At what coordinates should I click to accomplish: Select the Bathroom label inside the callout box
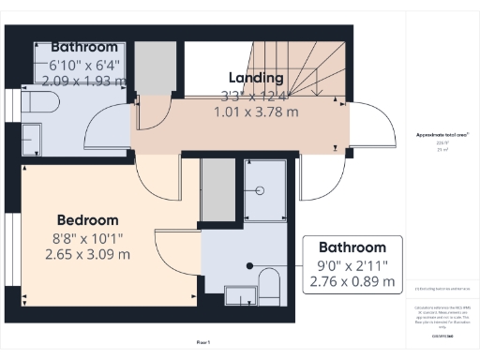(x=352, y=247)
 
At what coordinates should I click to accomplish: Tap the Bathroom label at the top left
(x=84, y=46)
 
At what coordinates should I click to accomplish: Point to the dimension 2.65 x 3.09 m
(x=87, y=254)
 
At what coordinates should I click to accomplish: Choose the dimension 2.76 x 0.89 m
(x=352, y=280)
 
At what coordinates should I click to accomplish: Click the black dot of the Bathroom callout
(x=250, y=266)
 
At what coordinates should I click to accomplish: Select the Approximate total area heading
(x=442, y=135)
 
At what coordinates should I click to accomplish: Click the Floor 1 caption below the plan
(x=203, y=342)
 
